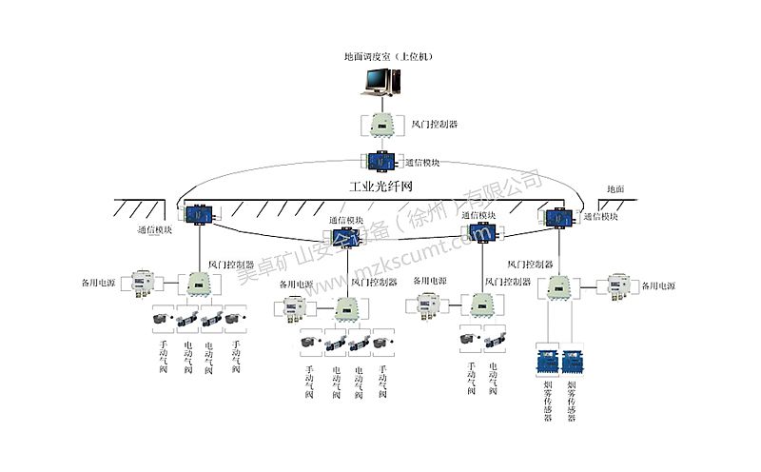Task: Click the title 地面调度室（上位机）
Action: coord(388,57)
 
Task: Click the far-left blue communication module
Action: coord(199,214)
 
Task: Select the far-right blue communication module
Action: coord(556,218)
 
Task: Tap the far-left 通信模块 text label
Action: coord(155,230)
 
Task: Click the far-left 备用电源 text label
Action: coord(98,284)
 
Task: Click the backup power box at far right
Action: coord(620,285)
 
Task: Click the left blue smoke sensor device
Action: coord(548,361)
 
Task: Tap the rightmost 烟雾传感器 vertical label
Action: coord(572,403)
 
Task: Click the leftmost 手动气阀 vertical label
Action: coord(163,357)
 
